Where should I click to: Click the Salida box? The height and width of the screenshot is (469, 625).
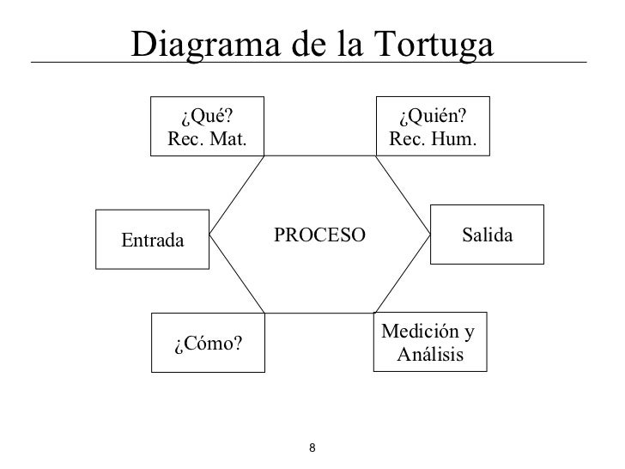pos(486,234)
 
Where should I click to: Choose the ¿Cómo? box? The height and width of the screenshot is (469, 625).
pos(207,344)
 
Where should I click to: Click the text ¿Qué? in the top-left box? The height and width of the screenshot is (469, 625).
pos(207,117)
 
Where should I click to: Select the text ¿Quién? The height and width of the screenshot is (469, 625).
pos(432,117)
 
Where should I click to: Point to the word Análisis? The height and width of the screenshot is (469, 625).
pos(430,353)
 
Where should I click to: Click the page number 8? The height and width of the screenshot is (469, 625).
pos(312,448)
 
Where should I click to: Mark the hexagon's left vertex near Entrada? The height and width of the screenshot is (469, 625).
pos(210,234)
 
